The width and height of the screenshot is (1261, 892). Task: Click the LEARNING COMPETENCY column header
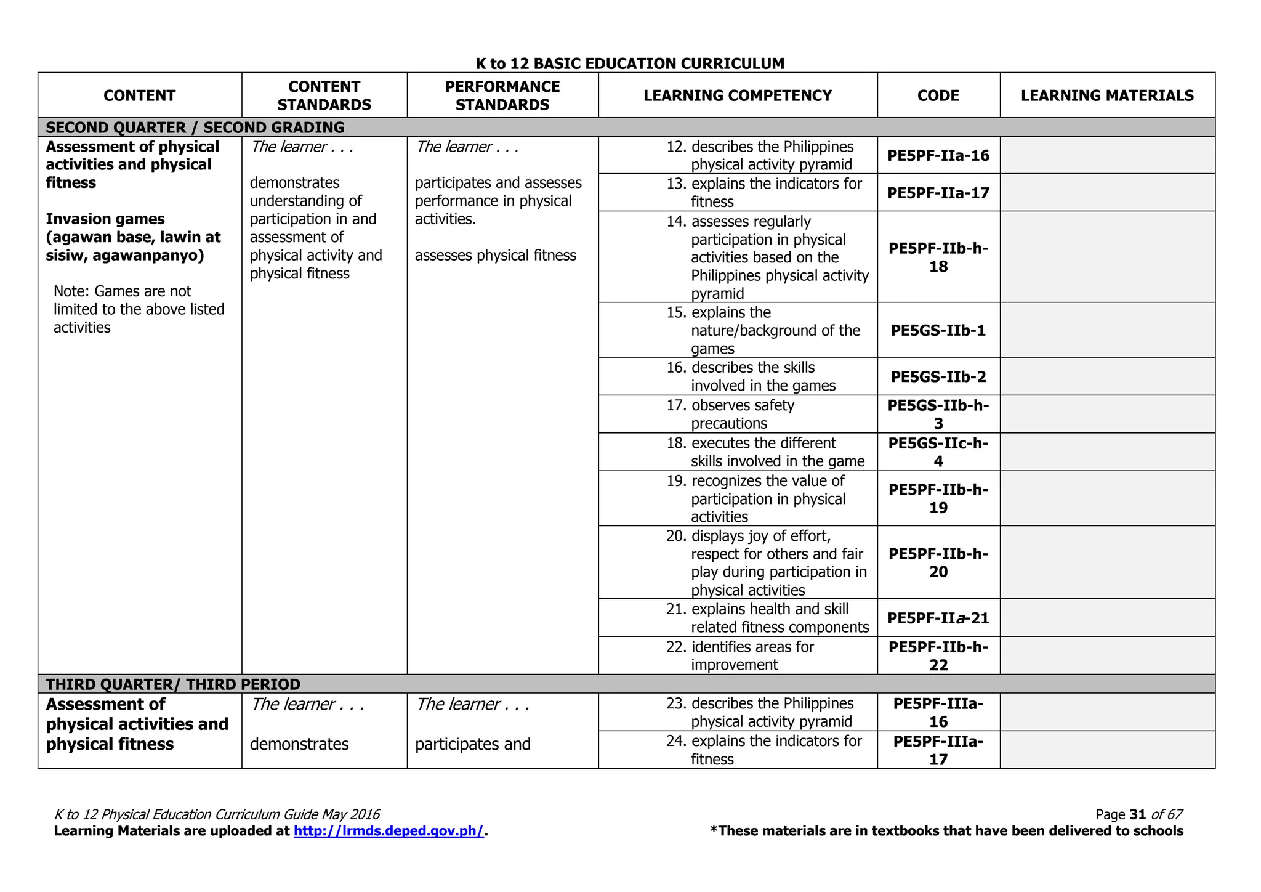(737, 95)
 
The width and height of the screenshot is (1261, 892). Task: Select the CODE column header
(938, 95)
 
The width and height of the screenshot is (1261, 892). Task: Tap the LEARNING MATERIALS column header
(1106, 95)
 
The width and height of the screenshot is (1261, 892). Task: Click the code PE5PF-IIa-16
(938, 155)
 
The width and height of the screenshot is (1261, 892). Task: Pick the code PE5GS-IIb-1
(938, 330)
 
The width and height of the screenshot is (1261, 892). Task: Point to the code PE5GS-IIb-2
(938, 376)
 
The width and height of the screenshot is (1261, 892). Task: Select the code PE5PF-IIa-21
(938, 618)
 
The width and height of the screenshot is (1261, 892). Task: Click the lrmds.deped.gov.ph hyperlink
(389, 831)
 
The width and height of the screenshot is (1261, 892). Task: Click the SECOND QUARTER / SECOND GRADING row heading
(195, 128)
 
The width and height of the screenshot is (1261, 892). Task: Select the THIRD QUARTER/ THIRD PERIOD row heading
(172, 684)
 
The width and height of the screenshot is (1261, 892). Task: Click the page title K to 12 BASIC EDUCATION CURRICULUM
(629, 63)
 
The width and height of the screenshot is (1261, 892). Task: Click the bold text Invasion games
(105, 219)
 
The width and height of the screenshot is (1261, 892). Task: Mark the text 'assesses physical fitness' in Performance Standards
(495, 255)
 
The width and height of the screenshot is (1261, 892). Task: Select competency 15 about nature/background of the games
(775, 330)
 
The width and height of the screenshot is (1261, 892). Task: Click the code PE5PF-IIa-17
(938, 193)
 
